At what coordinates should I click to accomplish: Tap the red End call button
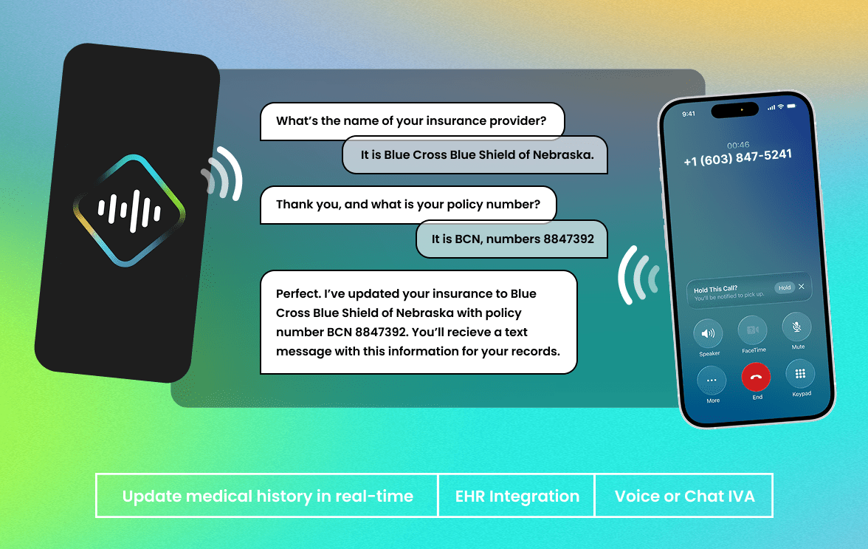point(756,377)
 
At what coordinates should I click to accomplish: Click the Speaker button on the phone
point(708,333)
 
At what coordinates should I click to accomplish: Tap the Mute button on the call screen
point(796,327)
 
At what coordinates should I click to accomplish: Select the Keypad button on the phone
point(800,374)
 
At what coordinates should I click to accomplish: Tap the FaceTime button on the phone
point(752,330)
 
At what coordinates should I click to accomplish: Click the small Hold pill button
point(785,287)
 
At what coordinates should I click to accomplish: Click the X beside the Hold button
point(801,287)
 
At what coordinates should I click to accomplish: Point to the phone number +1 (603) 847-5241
point(738,157)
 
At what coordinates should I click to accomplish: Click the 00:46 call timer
point(738,145)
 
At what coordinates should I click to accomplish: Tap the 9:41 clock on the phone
point(689,114)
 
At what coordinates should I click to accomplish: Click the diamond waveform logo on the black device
point(130,211)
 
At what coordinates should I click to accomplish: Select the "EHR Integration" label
point(517,496)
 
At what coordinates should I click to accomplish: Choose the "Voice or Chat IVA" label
point(685,496)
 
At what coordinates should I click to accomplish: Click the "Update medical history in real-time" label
point(268,496)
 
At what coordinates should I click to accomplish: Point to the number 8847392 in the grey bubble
point(568,239)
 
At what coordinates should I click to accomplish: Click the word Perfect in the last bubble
point(298,293)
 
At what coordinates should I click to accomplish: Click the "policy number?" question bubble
point(408,205)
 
